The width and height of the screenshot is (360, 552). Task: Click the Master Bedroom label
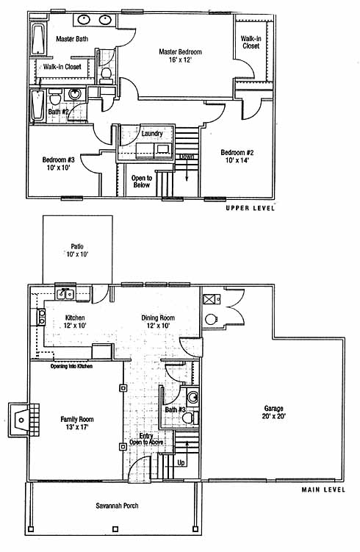[180, 56]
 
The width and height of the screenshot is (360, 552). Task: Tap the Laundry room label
[152, 134]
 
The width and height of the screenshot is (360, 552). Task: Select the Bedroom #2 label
[237, 157]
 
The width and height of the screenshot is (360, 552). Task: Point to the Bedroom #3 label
[59, 163]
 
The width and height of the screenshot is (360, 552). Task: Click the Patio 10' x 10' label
[77, 251]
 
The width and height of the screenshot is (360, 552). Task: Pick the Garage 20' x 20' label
[273, 412]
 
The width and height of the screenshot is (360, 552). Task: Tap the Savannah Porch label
[117, 506]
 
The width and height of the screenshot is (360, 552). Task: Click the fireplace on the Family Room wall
[24, 420]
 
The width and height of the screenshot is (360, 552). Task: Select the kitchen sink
[65, 293]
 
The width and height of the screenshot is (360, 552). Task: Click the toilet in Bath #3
[190, 418]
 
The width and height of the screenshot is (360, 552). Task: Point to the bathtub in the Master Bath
[39, 39]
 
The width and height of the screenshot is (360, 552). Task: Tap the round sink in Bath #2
[75, 94]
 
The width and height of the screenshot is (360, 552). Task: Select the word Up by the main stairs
[181, 462]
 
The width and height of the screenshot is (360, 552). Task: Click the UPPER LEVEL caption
[250, 208]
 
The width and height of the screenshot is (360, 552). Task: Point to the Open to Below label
[142, 182]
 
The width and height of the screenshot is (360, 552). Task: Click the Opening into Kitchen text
[71, 367]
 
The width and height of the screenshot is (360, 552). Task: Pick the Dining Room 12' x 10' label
[158, 321]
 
